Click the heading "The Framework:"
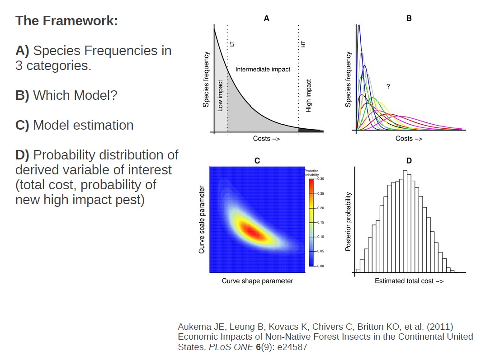click(66, 21)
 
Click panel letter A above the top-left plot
click(267, 19)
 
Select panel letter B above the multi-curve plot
click(409, 19)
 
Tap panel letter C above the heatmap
click(257, 160)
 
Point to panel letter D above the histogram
click(409, 160)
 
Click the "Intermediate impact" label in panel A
click(263, 70)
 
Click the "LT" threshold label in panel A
click(233, 44)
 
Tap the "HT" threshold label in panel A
click(304, 44)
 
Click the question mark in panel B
click(388, 86)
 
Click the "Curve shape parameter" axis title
click(257, 281)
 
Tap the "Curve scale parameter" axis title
click(202, 220)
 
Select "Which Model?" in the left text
click(75, 95)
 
